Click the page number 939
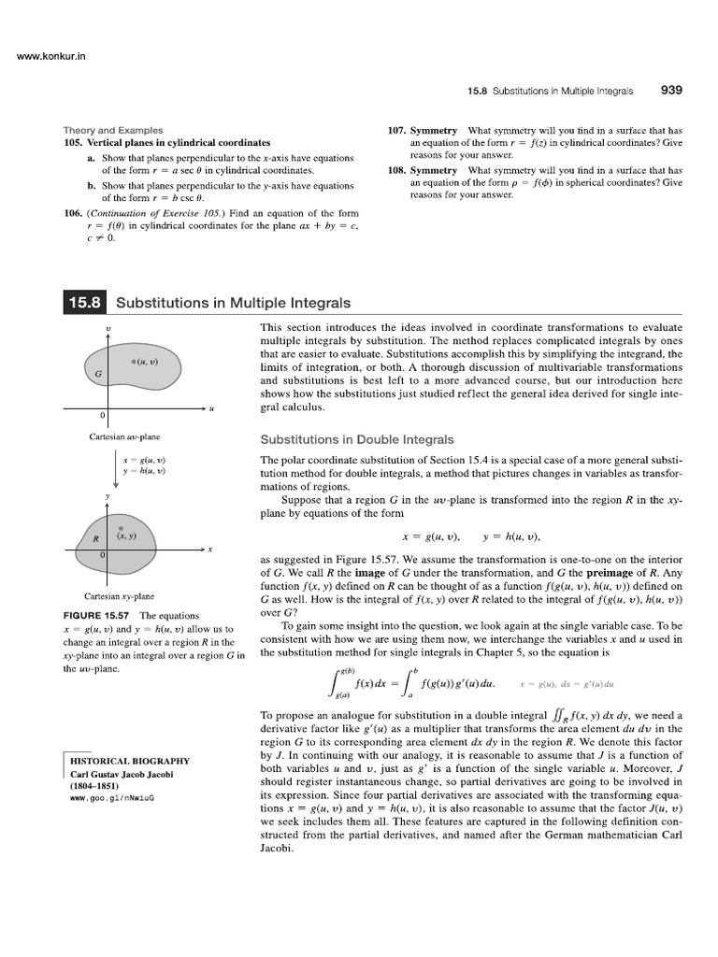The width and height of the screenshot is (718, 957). [671, 91]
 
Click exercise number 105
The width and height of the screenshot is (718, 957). [73, 142]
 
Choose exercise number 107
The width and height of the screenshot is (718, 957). [396, 130]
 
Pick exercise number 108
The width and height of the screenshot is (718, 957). [396, 171]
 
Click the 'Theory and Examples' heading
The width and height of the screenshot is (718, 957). [113, 130]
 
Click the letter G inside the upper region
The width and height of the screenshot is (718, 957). [99, 373]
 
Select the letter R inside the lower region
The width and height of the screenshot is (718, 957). [95, 539]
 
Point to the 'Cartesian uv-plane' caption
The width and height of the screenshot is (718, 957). [119, 436]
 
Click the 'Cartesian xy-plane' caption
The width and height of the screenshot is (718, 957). [119, 595]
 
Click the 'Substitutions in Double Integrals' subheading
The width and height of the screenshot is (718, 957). [356, 439]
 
